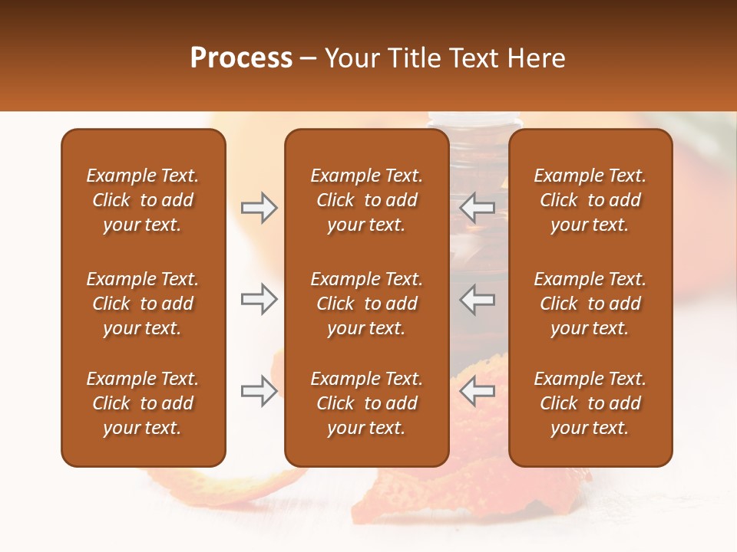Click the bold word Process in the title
(x=241, y=58)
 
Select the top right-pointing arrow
(x=259, y=208)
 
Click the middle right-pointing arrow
(x=259, y=299)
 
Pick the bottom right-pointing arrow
(x=259, y=392)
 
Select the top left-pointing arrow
(x=478, y=208)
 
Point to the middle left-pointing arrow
(x=478, y=299)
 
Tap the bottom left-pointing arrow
(x=478, y=392)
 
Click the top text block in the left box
(x=143, y=200)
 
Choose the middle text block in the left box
(x=143, y=304)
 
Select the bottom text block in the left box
(x=143, y=403)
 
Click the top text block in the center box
(x=366, y=200)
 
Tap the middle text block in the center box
(x=366, y=304)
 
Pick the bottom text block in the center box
(x=366, y=403)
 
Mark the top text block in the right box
(x=590, y=200)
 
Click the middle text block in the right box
(x=590, y=304)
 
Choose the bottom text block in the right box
(x=590, y=403)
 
